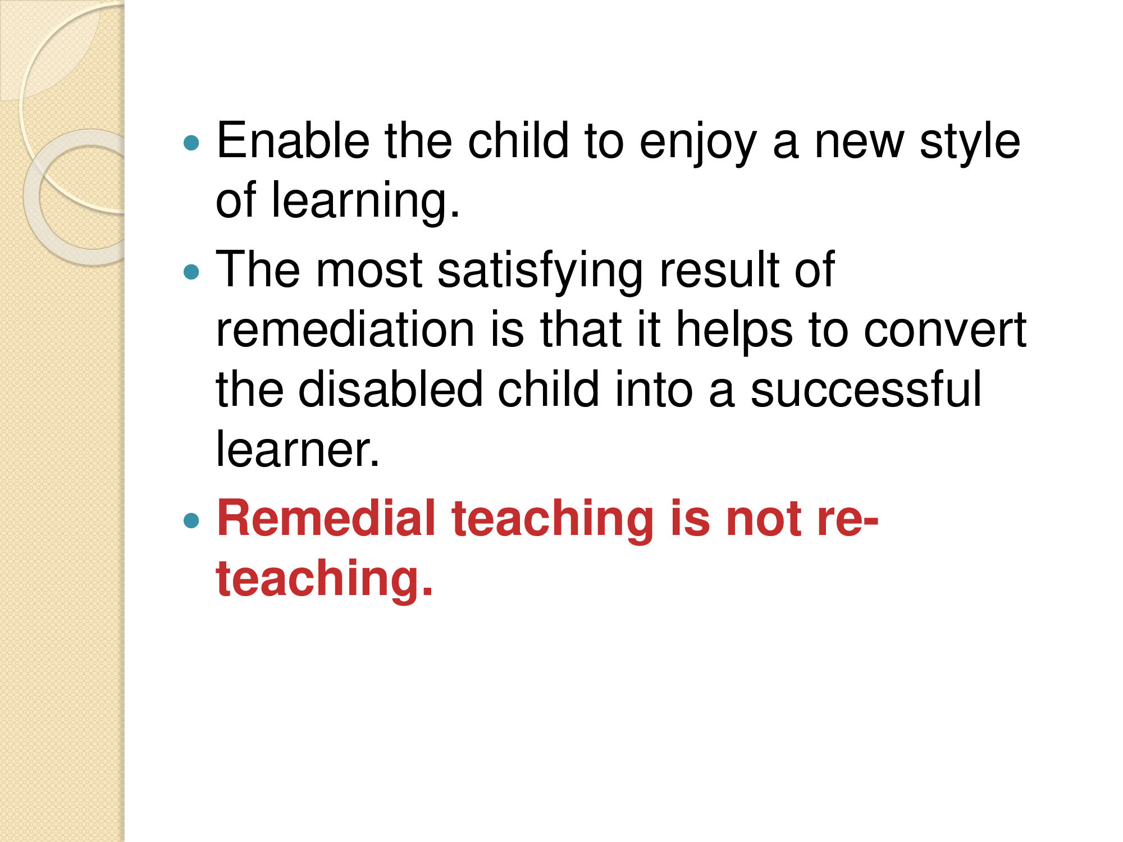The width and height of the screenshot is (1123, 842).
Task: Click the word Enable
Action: pos(293,140)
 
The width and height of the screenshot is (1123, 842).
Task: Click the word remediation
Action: pos(345,330)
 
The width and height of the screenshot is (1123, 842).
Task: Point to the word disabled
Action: pos(390,389)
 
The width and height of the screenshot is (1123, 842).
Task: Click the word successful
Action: pos(866,389)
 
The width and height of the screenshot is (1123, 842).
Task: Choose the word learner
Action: pos(298,449)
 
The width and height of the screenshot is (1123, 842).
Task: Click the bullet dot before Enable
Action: pos(191,143)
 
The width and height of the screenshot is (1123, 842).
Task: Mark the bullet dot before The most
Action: pos(191,272)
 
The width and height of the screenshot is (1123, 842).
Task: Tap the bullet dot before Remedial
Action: pos(191,520)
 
